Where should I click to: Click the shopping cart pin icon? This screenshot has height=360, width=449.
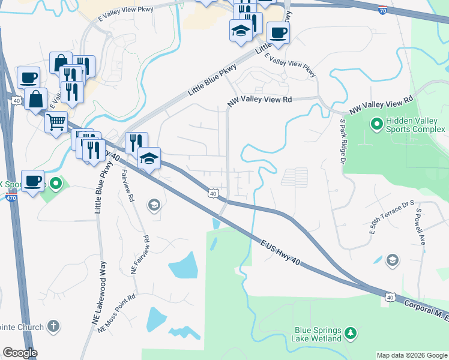[x=56, y=122]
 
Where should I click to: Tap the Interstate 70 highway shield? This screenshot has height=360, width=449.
[x=383, y=10]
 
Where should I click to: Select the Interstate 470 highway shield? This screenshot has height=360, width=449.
[x=10, y=197]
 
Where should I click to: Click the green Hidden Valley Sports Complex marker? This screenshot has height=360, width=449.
[x=377, y=125]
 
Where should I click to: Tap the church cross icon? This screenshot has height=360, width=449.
[x=53, y=326]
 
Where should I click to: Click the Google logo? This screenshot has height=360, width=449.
[x=20, y=353]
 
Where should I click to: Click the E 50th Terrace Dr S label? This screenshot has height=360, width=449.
[x=392, y=218]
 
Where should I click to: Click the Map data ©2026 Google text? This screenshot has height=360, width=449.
[x=412, y=355]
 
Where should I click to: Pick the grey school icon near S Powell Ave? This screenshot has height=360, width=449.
[x=392, y=259]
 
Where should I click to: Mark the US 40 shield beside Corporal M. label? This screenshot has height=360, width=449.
[x=390, y=297]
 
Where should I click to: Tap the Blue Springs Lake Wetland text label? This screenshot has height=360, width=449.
[x=318, y=334]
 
